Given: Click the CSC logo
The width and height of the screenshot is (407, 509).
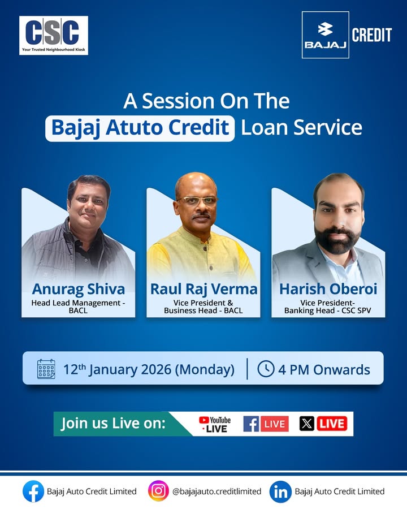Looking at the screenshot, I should pyautogui.click(x=54, y=35).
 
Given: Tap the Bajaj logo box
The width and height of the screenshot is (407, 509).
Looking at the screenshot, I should pyautogui.click(x=325, y=34).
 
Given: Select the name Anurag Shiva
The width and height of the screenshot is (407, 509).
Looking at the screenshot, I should pyautogui.click(x=78, y=289).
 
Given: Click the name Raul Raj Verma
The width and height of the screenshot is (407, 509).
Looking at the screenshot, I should pyautogui.click(x=203, y=289).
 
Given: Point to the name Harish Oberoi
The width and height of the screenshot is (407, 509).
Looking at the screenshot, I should pyautogui.click(x=328, y=289).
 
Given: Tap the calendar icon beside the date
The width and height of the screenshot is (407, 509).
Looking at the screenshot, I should pyautogui.click(x=46, y=369).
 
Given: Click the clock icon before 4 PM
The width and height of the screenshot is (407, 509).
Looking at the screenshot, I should pyautogui.click(x=266, y=369).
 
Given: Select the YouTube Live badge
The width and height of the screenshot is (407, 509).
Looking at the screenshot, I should pyautogui.click(x=215, y=424).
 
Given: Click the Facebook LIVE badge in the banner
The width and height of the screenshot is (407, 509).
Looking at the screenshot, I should pyautogui.click(x=266, y=424).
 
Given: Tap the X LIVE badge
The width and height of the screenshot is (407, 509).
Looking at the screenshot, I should pyautogui.click(x=323, y=424).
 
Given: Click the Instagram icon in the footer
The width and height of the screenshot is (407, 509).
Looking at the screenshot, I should pyautogui.click(x=159, y=491).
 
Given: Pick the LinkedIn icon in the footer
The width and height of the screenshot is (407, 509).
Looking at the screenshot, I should pyautogui.click(x=280, y=491).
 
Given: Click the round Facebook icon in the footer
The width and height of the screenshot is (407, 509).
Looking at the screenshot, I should pyautogui.click(x=33, y=491).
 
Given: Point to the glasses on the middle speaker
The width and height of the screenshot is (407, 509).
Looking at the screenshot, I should pyautogui.click(x=197, y=200).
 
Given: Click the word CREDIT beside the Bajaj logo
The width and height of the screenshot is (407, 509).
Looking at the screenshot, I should pyautogui.click(x=371, y=35).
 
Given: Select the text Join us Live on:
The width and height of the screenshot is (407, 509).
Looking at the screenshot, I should pyautogui.click(x=113, y=424).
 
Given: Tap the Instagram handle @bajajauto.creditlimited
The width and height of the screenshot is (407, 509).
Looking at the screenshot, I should pyautogui.click(x=217, y=491).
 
